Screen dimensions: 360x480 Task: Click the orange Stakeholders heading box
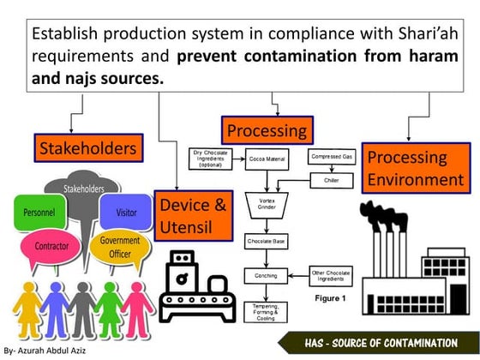(x=87, y=148)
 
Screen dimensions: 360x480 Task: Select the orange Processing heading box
(x=266, y=131)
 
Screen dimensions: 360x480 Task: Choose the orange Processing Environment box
(x=415, y=168)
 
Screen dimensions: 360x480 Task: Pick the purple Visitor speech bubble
(x=136, y=212)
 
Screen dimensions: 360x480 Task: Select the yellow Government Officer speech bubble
(x=120, y=247)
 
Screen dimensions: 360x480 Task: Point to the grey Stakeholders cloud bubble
(x=82, y=188)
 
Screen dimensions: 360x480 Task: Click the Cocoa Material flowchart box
(x=267, y=159)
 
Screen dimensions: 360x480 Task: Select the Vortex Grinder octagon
(x=266, y=204)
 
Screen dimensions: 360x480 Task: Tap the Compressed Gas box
(x=331, y=158)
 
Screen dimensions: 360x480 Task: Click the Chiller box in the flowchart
(x=331, y=181)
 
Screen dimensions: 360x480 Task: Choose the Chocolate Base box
(x=266, y=242)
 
